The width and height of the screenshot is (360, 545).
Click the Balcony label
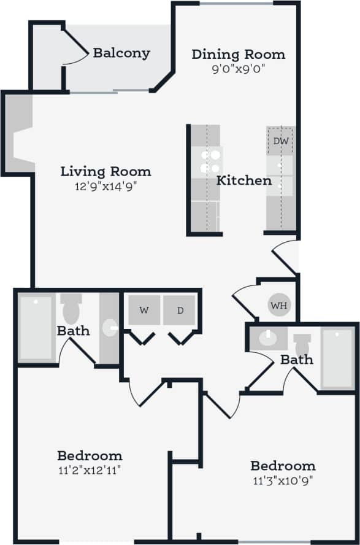pyautogui.click(x=121, y=53)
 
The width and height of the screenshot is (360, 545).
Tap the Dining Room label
pyautogui.click(x=239, y=54)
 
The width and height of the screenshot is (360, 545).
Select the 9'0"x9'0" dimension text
pyautogui.click(x=239, y=69)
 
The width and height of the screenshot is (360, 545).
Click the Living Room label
pyautogui.click(x=105, y=171)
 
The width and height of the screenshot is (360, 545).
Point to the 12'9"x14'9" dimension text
pyautogui.click(x=105, y=185)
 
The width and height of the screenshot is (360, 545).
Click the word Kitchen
pyautogui.click(x=244, y=180)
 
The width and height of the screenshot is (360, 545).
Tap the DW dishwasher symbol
pyautogui.click(x=281, y=141)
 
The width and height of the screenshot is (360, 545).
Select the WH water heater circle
pyautogui.click(x=279, y=305)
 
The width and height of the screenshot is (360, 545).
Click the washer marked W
pyautogui.click(x=144, y=310)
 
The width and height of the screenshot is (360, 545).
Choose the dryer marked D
pyautogui.click(x=180, y=310)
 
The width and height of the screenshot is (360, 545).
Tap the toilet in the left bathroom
pyautogui.click(x=71, y=309)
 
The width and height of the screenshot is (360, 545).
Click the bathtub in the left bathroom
pyautogui.click(x=36, y=328)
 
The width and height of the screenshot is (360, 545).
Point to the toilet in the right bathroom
pyautogui.click(x=302, y=345)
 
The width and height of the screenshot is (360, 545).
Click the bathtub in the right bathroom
pyautogui.click(x=337, y=359)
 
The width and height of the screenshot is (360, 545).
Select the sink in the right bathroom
pyautogui.click(x=267, y=338)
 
